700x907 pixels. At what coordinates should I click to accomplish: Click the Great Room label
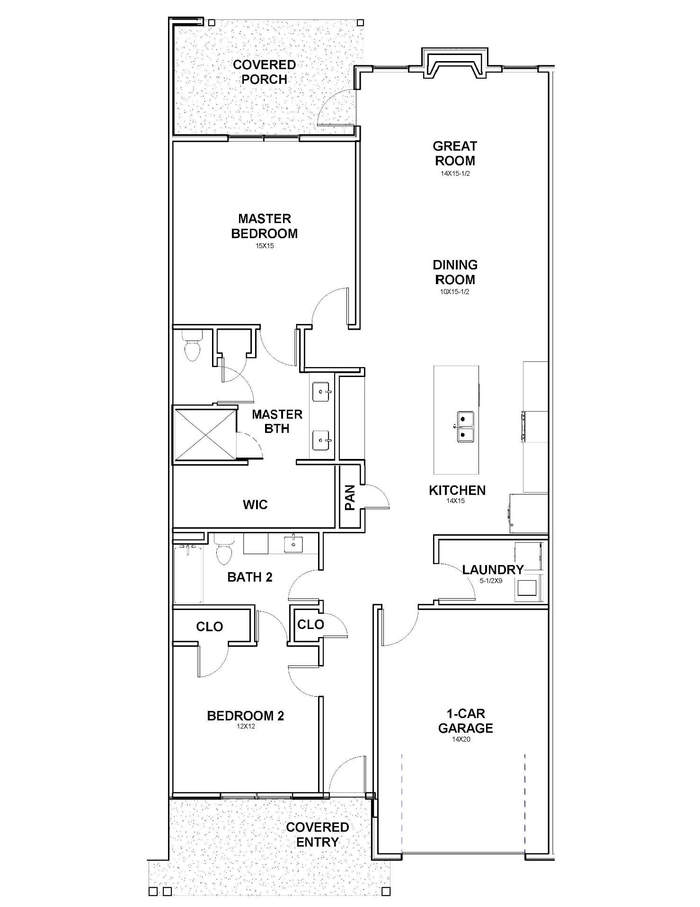click(455, 153)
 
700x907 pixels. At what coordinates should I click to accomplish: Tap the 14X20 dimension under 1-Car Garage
click(461, 739)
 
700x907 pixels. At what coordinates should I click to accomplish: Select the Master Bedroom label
click(264, 226)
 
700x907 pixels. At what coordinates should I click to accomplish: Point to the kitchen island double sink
click(465, 426)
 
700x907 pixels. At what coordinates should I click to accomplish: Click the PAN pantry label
click(350, 497)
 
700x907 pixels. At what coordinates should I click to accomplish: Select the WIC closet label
click(255, 504)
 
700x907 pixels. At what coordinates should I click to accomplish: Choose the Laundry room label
click(493, 569)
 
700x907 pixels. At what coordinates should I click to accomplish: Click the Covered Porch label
click(264, 72)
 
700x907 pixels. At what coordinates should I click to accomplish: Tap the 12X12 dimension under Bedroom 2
click(246, 726)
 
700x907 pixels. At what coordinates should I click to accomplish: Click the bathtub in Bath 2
click(188, 575)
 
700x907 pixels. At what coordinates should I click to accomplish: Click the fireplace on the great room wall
click(455, 63)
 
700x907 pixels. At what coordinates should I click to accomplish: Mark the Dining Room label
click(455, 272)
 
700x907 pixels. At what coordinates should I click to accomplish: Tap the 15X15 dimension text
click(265, 246)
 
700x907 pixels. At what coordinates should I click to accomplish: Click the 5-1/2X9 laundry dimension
click(490, 581)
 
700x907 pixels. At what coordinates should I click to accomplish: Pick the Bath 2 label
click(250, 577)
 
